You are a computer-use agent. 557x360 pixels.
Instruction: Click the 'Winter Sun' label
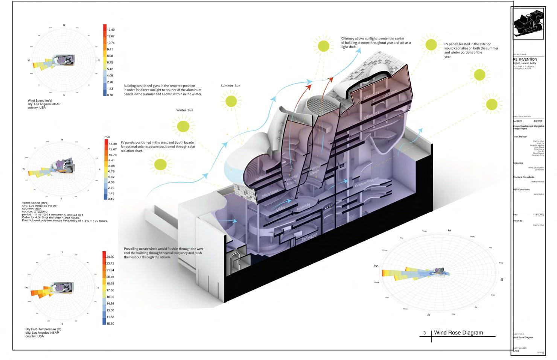click(x=184, y=110)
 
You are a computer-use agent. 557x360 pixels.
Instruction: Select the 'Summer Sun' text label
click(x=230, y=86)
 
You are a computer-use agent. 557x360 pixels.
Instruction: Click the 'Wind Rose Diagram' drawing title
click(x=458, y=333)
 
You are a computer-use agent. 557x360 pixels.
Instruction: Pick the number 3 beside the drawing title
click(x=425, y=333)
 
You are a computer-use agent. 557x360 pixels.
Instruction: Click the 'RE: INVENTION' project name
click(x=525, y=59)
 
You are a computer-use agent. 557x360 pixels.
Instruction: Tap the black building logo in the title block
click(x=528, y=23)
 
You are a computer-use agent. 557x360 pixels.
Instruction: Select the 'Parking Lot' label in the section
click(x=309, y=239)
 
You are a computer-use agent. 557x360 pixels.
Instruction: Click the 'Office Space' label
click(x=270, y=193)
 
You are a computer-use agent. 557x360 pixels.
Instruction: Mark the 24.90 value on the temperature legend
click(x=110, y=257)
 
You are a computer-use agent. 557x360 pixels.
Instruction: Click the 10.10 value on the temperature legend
click(x=110, y=324)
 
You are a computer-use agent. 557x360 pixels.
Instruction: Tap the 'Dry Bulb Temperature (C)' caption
click(x=43, y=330)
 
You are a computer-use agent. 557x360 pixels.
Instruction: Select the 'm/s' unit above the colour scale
click(x=107, y=137)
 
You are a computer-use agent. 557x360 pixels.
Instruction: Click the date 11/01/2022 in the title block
click(x=539, y=214)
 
